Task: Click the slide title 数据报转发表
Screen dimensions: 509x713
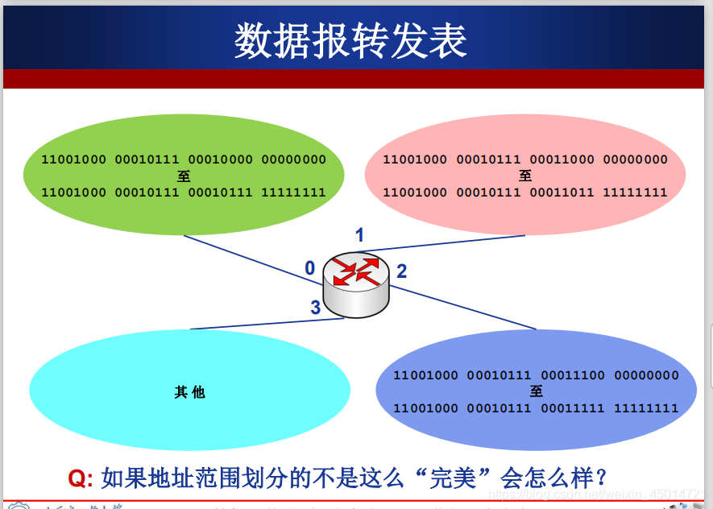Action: coord(350,40)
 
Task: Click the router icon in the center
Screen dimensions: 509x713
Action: coord(356,283)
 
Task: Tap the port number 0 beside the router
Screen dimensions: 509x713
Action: coord(310,268)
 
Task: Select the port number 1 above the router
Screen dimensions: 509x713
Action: coord(359,235)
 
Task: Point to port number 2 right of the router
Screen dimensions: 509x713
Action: coord(401,271)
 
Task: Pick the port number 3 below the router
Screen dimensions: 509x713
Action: coord(316,307)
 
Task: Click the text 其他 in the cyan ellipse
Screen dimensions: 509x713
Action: coord(189,392)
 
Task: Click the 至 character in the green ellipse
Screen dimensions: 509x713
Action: coord(184,176)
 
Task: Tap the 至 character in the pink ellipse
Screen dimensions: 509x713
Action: coord(525,176)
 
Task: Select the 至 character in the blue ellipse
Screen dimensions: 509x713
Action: coord(537,391)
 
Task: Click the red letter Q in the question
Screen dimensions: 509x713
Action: coord(78,478)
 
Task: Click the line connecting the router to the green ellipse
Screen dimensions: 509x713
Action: coord(242,255)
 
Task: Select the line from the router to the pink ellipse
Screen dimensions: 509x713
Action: coord(451,243)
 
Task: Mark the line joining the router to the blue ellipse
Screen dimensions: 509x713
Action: coord(467,308)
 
